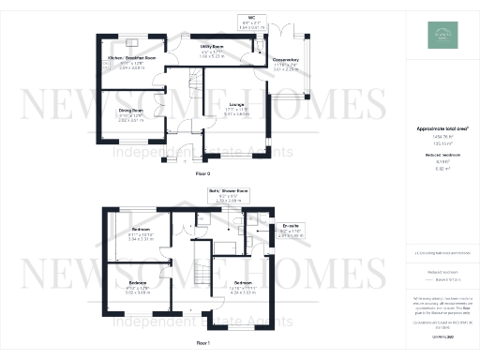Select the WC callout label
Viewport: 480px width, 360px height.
coord(252,18)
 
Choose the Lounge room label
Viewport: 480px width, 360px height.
coord(237,103)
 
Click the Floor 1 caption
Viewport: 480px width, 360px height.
coord(202,344)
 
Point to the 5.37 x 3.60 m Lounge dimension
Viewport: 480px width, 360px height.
coord(237,114)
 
